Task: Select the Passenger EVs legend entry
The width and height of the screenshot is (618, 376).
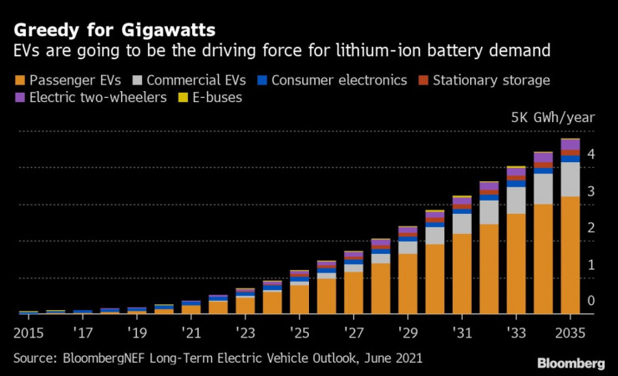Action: [75, 80]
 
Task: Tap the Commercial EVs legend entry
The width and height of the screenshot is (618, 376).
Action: [199, 80]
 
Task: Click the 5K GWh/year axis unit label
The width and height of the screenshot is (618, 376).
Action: [552, 118]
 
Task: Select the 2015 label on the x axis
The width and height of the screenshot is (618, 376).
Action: [29, 332]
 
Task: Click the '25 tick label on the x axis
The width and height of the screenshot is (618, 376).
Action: [300, 332]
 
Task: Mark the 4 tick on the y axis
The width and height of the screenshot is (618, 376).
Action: [590, 155]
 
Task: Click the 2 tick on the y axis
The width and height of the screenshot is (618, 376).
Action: [590, 228]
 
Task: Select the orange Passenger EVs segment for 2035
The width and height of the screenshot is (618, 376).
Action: [570, 255]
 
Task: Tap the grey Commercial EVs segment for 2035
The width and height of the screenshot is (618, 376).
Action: [570, 179]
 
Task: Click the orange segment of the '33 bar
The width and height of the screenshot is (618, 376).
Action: [516, 263]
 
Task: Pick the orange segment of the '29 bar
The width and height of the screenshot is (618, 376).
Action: [408, 283]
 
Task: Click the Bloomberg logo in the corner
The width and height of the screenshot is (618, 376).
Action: [570, 363]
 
